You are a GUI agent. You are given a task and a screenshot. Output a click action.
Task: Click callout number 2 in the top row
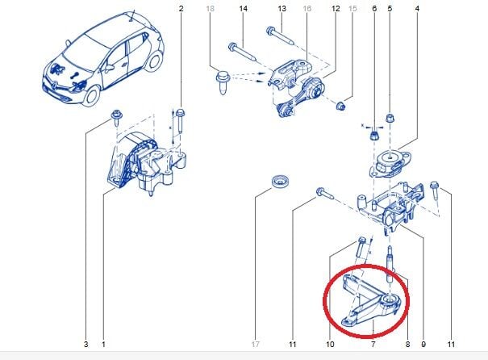181,8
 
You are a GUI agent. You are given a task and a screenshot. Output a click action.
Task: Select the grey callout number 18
211,8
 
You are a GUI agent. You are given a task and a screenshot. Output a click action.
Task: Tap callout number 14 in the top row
241,8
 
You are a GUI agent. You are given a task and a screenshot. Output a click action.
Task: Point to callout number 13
282,8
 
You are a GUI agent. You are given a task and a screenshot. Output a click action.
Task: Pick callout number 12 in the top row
335,8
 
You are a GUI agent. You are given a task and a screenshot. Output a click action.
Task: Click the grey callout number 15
352,8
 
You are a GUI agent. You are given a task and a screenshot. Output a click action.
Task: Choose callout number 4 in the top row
417,8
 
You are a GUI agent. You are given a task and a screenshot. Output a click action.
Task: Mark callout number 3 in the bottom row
86,345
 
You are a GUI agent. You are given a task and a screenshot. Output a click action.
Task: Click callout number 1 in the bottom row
103,345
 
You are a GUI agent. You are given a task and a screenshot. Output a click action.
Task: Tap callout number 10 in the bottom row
330,345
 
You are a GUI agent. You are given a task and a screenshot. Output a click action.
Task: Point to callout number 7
373,345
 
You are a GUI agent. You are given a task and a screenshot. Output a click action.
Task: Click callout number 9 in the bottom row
422,345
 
